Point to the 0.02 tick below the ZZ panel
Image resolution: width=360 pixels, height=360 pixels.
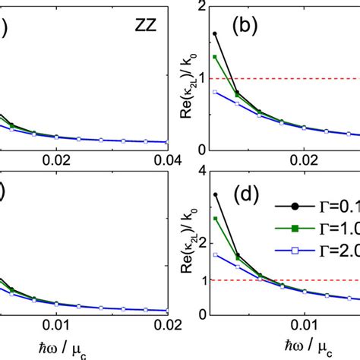[x=56, y=161]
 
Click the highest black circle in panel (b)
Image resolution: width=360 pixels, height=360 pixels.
[x=215, y=33]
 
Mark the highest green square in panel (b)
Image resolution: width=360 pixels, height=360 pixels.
[x=215, y=57]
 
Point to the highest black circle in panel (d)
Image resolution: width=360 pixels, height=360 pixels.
[x=215, y=194]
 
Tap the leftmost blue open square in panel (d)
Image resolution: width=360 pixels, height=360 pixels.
[x=215, y=254]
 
